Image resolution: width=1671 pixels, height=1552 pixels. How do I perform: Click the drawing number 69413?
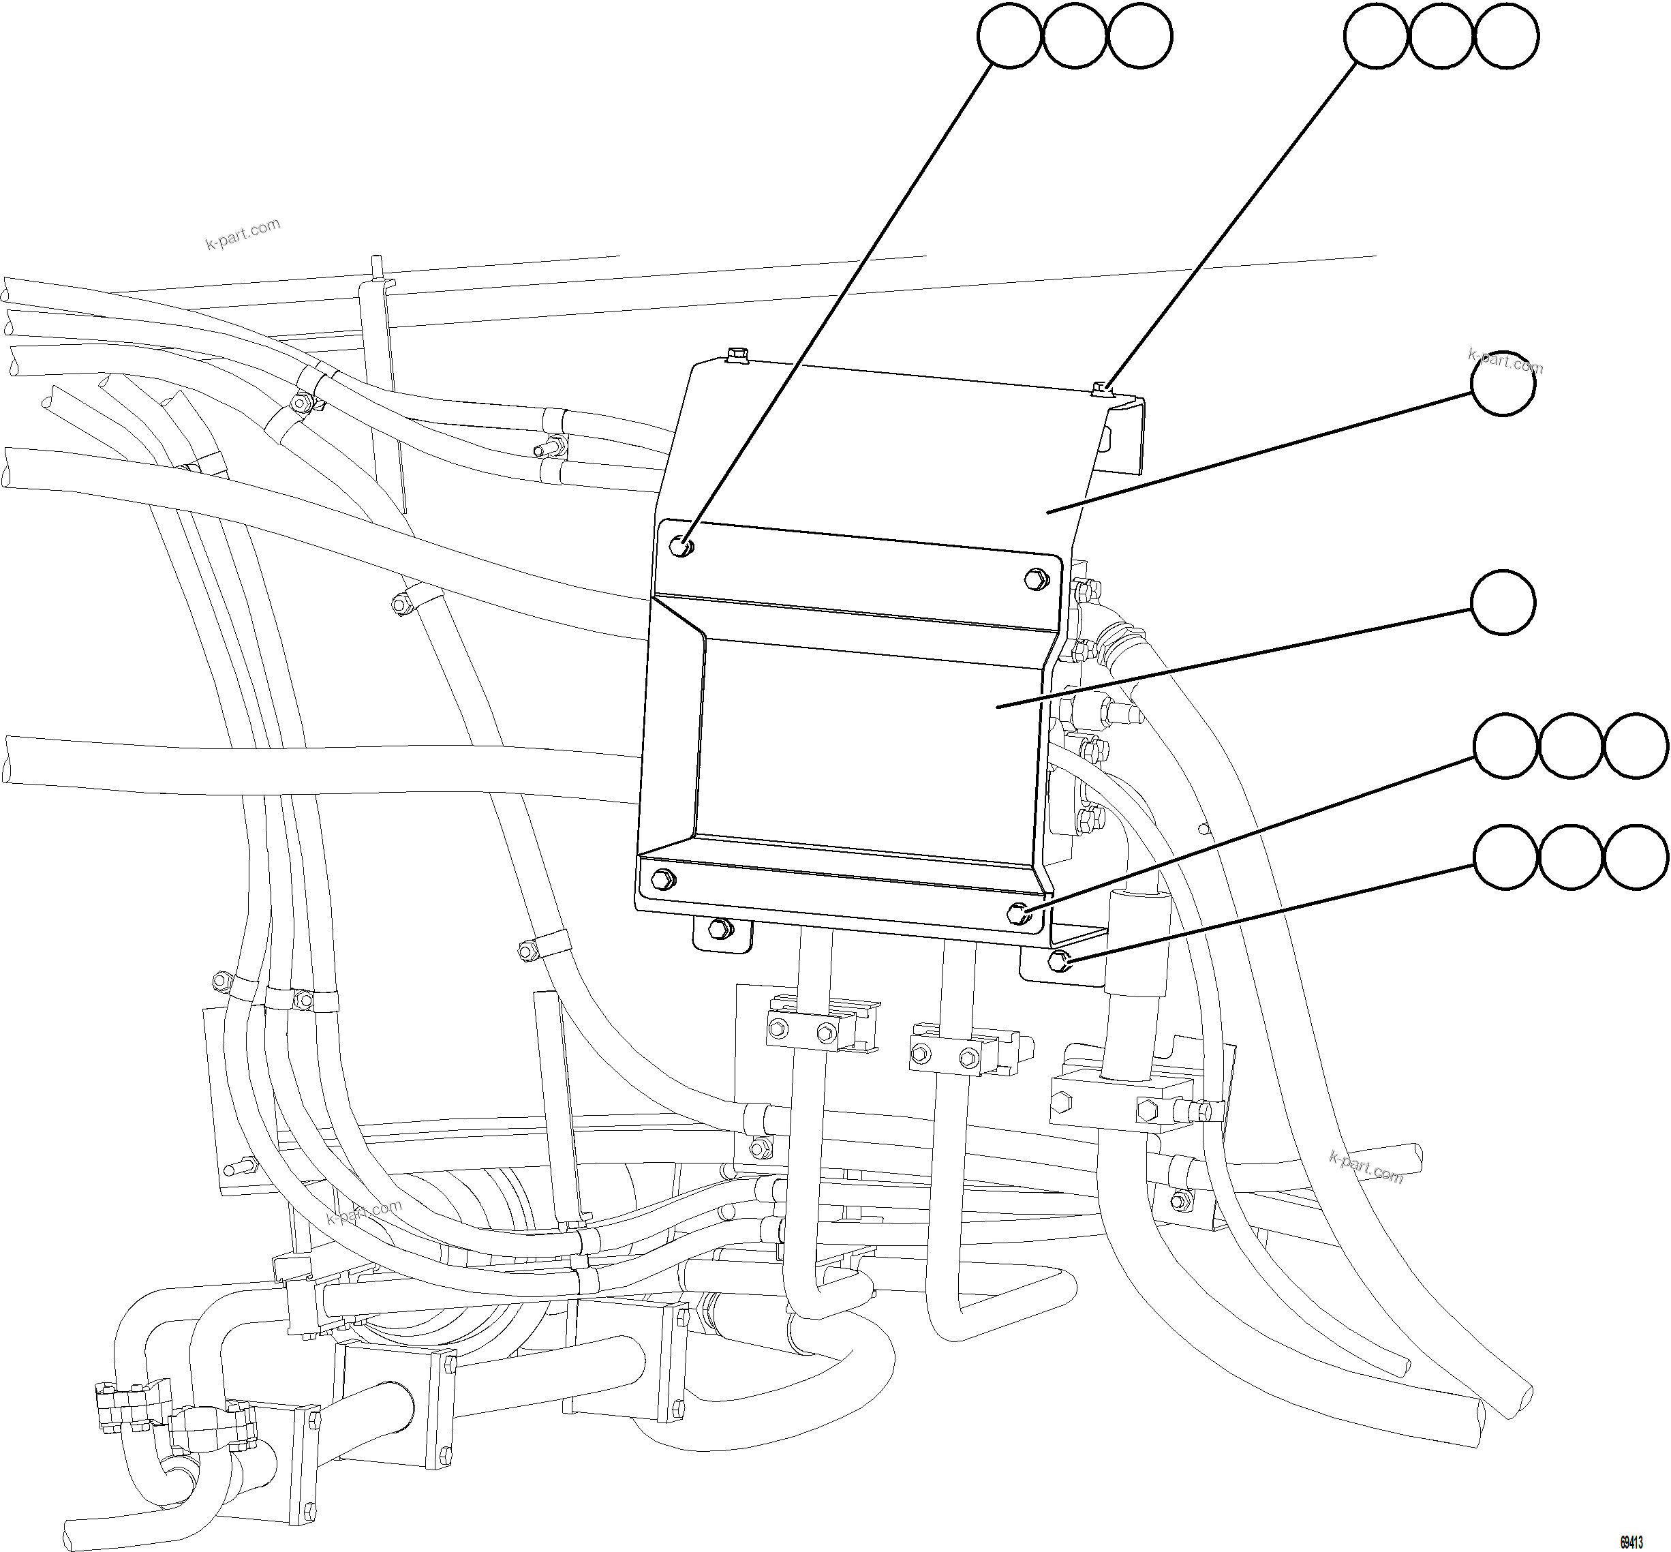[x=1631, y=1542]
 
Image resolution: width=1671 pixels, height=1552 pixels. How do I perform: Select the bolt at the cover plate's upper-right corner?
[x=1035, y=579]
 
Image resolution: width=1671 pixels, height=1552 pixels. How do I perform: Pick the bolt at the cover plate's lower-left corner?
[x=662, y=879]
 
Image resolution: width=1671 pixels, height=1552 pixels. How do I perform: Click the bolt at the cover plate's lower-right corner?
[x=1020, y=912]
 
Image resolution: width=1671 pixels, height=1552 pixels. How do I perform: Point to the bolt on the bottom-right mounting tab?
[x=1059, y=960]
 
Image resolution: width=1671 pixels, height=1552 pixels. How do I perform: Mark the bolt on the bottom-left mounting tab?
[x=719, y=929]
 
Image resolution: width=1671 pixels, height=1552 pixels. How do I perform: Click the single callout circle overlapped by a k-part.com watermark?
[x=1503, y=383]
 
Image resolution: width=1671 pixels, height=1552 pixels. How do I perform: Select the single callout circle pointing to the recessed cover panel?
[x=1503, y=602]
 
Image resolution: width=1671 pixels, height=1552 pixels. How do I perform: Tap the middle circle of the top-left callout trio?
[x=1075, y=36]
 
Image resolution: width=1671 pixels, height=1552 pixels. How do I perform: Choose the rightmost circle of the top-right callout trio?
[x=1506, y=36]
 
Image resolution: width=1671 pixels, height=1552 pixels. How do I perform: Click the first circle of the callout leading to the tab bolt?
[x=1506, y=857]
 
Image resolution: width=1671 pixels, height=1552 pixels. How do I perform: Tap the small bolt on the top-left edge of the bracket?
[x=737, y=355]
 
